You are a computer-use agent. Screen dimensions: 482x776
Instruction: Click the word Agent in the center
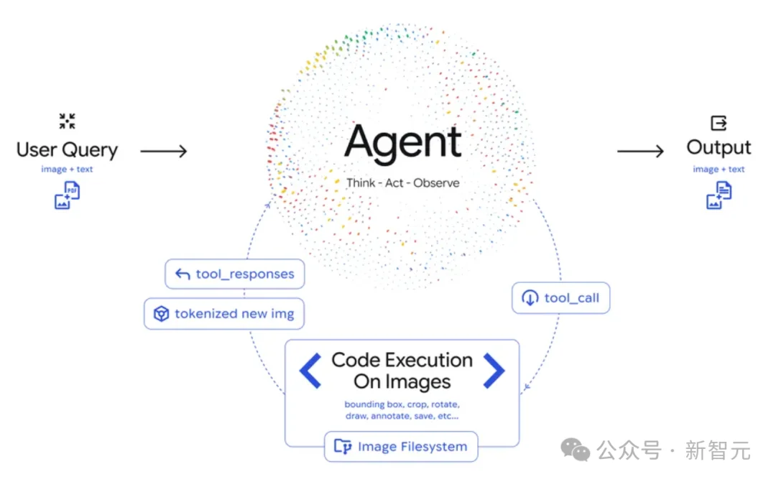[x=402, y=142]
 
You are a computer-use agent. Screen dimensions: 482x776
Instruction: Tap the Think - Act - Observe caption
[x=402, y=182]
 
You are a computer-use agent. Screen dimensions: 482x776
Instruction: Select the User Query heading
[x=67, y=150]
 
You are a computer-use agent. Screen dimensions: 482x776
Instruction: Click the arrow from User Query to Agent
[x=163, y=151]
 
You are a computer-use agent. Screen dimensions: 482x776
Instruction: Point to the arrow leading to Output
[x=640, y=151]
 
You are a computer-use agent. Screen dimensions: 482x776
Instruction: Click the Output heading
[x=719, y=148]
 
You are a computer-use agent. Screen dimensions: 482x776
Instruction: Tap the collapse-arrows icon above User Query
[x=68, y=121]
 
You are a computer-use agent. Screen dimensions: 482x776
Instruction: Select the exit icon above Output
[x=719, y=123]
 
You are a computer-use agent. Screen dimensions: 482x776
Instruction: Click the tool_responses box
[x=234, y=274]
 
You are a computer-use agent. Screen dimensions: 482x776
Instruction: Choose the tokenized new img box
[x=223, y=314]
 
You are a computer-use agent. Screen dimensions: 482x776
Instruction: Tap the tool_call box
[x=560, y=298]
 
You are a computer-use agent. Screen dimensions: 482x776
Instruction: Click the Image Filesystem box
[x=401, y=447]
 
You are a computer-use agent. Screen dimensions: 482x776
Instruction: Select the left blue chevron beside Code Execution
[x=310, y=371]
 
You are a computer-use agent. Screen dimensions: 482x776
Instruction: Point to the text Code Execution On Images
[x=402, y=371]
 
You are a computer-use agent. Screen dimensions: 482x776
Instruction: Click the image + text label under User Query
[x=67, y=170]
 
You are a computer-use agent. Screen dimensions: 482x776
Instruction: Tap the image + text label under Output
[x=719, y=170]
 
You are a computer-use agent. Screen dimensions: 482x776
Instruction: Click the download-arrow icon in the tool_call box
[x=530, y=298]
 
